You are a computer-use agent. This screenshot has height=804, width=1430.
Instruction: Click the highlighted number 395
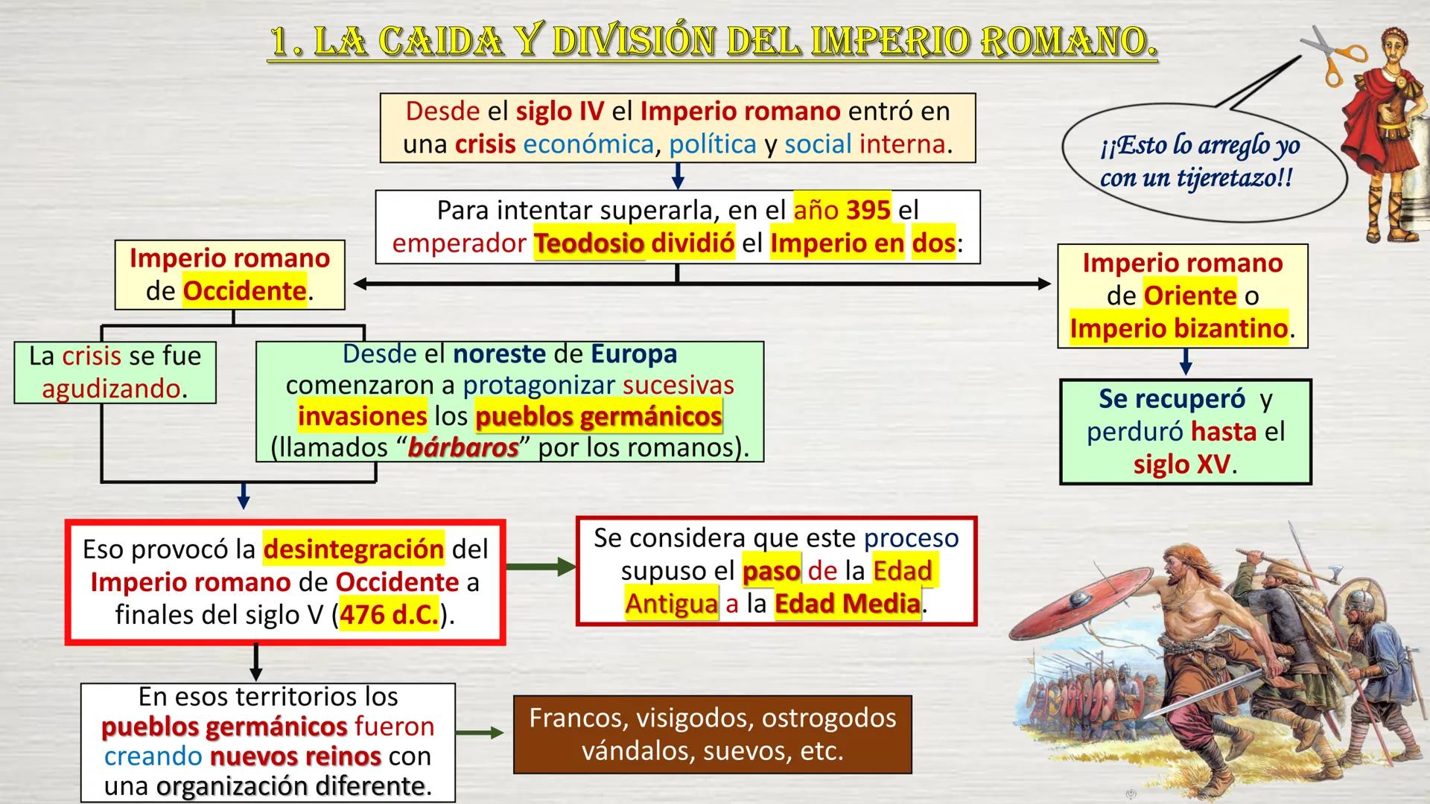868,211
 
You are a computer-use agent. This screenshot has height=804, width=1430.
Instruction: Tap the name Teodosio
588,244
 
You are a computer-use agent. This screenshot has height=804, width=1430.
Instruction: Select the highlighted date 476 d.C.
390,616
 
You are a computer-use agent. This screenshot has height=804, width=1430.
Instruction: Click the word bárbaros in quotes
463,448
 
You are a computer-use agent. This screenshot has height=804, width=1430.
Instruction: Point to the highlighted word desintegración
354,549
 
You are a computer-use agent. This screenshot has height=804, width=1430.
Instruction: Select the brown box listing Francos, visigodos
712,734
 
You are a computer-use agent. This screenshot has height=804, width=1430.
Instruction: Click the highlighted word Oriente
1189,296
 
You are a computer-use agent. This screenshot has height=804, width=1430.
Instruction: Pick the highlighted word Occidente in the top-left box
244,291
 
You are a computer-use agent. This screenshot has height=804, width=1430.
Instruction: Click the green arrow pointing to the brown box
480,733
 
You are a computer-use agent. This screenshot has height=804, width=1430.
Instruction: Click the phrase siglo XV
1182,465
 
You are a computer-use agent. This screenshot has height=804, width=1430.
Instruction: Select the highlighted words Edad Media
847,604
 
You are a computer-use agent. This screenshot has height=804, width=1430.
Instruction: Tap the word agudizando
111,389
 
